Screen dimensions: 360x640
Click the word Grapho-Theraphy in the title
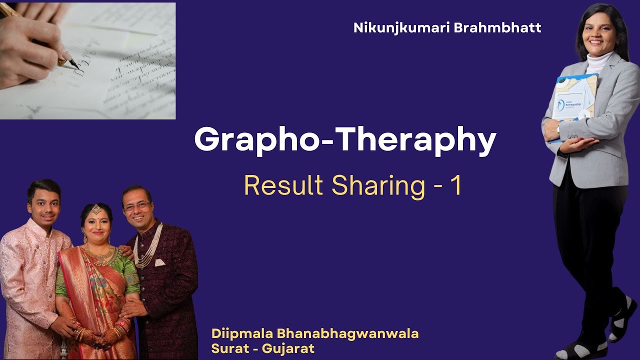tap(345, 141)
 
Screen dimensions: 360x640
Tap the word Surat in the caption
tap(227, 348)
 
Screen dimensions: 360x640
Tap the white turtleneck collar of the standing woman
tap(598, 62)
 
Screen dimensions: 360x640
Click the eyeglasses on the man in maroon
tap(135, 205)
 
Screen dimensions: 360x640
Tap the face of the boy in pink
tap(43, 202)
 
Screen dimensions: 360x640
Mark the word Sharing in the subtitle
tap(371, 186)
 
